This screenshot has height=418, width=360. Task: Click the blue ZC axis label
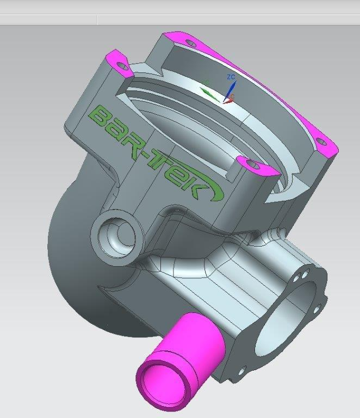tap(231, 77)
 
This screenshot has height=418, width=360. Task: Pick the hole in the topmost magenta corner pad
tap(189, 42)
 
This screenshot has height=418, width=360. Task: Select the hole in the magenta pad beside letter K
tap(251, 163)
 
